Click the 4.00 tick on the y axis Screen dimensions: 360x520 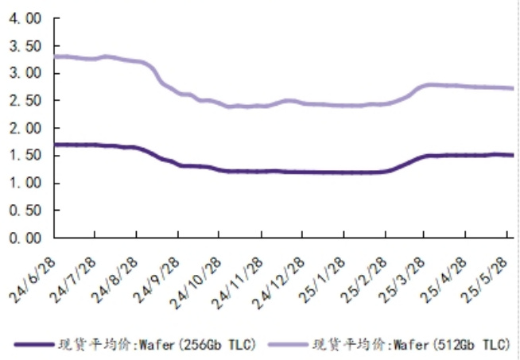(24, 18)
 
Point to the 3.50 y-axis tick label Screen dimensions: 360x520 (24, 46)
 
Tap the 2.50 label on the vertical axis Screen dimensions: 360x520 (24, 101)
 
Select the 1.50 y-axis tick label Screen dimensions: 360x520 (24, 156)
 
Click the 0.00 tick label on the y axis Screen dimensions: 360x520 (24, 238)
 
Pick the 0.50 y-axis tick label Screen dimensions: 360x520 (24, 211)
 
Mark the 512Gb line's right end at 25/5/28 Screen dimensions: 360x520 (510, 87)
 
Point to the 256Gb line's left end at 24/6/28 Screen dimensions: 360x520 (54, 145)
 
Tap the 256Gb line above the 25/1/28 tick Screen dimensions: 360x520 (343, 172)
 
